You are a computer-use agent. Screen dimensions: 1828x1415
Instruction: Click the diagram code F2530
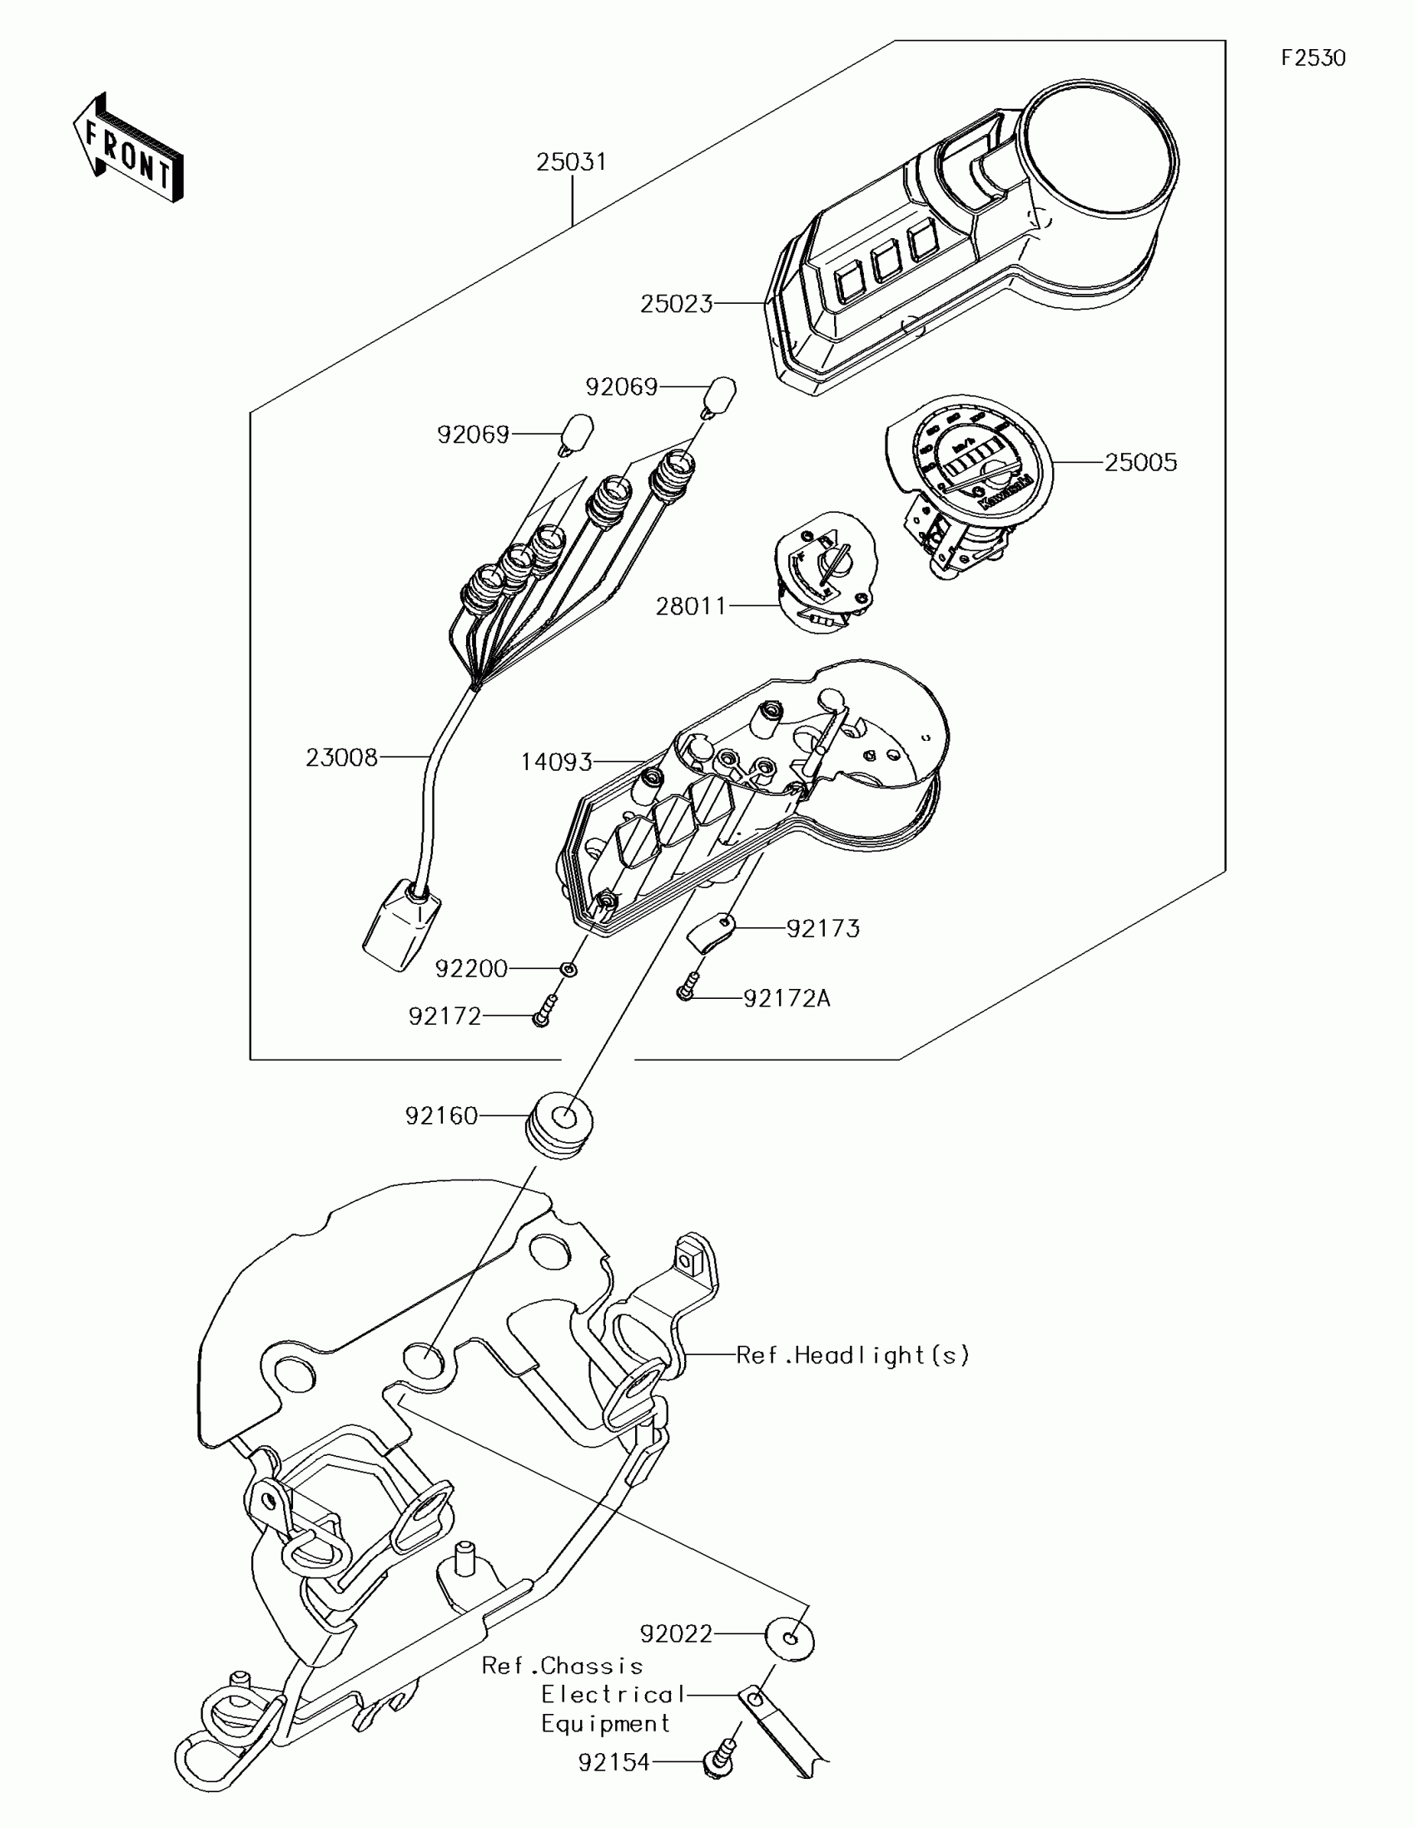(1313, 57)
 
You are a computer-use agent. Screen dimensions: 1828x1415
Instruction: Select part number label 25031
(572, 161)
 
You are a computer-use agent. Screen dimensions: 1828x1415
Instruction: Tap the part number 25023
(676, 304)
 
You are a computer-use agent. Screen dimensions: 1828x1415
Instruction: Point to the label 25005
(1140, 462)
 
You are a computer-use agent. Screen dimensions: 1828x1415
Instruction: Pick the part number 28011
(691, 606)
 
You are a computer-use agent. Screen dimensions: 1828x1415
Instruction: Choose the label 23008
(341, 758)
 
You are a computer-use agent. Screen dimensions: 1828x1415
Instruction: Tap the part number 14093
(557, 762)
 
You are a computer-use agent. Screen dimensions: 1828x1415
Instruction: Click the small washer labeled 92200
(569, 968)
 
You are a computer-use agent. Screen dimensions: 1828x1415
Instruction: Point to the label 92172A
(787, 999)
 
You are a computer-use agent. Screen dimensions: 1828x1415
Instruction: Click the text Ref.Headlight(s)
(852, 1355)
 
